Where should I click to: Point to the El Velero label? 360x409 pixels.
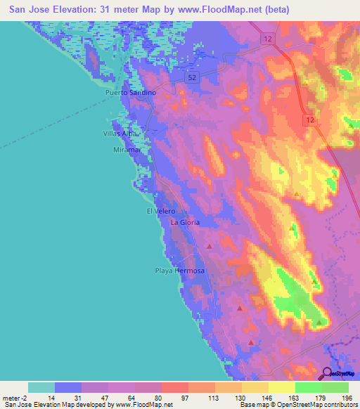coord(160,211)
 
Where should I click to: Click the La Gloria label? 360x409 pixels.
coord(186,222)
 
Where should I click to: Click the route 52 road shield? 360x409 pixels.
coord(193,78)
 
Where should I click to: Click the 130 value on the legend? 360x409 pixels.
coord(240,397)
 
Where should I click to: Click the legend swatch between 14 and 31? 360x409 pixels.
coord(68,387)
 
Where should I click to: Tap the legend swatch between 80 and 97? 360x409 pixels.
coord(174,387)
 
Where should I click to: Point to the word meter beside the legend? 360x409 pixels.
coord(11,397)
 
